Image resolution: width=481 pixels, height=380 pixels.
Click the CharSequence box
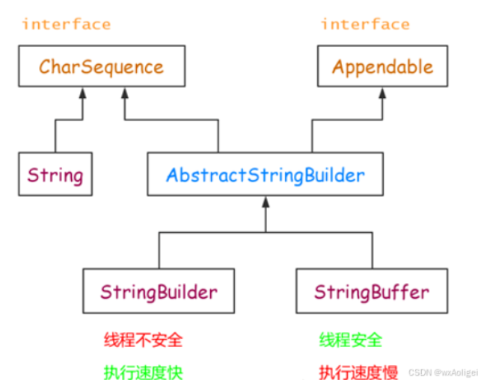pos(102,66)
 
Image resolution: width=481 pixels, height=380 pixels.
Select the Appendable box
pos(382,66)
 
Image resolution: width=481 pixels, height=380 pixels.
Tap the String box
pos(55,175)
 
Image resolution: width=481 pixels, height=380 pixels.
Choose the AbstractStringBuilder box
pos(265,175)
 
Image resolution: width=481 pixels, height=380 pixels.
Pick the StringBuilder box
pos(159,291)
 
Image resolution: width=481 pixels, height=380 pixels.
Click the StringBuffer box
pos(372,291)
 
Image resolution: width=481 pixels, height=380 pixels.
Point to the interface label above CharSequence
pos(66,24)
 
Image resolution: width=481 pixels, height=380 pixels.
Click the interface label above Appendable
pos(365,24)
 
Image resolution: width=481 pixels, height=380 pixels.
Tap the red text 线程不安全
pos(143,340)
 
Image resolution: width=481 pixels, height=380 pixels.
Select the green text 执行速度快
pos(143,371)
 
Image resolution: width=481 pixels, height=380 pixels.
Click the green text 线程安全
pos(350,340)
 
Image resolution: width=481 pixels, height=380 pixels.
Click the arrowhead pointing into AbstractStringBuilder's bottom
pos(265,202)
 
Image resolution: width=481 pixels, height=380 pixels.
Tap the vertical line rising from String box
pos(55,137)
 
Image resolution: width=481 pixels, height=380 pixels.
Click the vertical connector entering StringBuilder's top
pos(159,251)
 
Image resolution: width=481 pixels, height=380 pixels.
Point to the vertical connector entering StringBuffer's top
pos(372,251)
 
